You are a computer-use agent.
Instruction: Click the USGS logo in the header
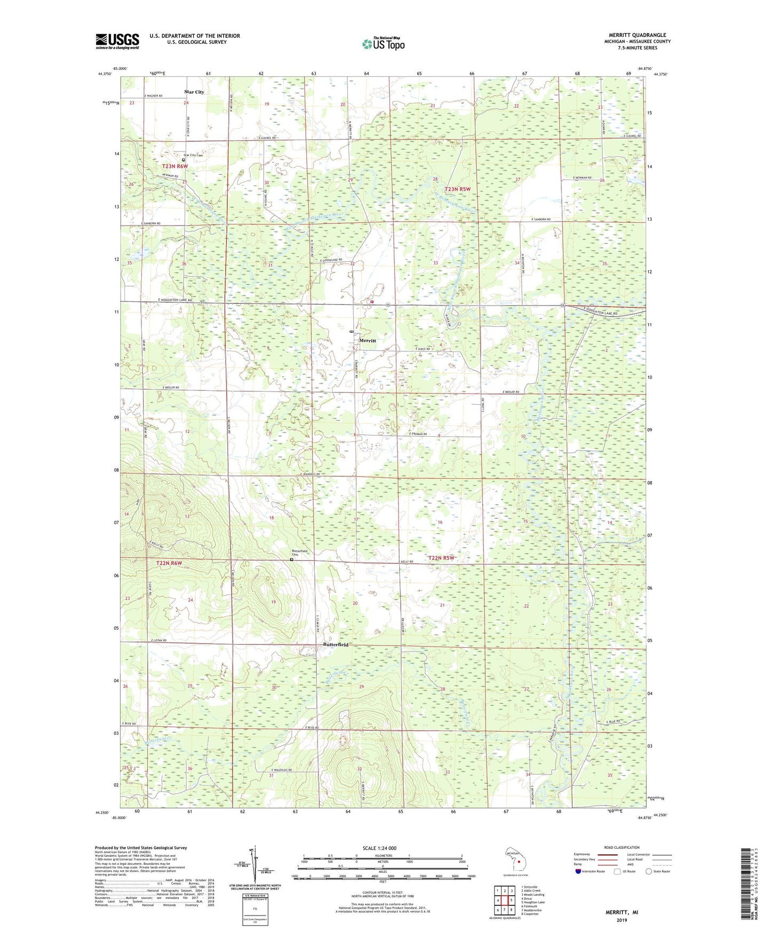[117, 41]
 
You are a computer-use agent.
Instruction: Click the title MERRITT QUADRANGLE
[637, 35]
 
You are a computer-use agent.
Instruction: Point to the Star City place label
[194, 92]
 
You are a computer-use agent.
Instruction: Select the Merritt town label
[368, 340]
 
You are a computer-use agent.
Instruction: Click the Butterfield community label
[336, 645]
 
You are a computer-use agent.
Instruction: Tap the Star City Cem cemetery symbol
[184, 159]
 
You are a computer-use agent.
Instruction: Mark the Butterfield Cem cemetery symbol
[291, 560]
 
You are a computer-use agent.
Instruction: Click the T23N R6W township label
[175, 166]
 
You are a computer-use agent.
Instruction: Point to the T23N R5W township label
[458, 189]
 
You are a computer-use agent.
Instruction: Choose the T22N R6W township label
[169, 563]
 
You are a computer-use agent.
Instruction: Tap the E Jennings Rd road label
[310, 474]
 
